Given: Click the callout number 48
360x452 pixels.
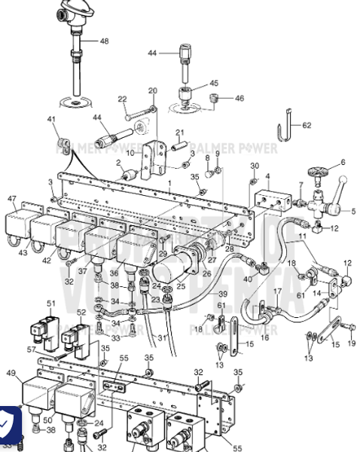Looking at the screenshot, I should pyautogui.click(x=103, y=41).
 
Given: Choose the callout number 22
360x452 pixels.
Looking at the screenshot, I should pyautogui.click(x=122, y=99).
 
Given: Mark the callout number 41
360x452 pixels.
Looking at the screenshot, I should pyautogui.click(x=52, y=120).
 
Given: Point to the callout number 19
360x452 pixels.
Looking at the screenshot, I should pyautogui.click(x=352, y=344).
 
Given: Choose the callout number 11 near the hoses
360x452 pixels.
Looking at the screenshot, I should pyautogui.click(x=302, y=237).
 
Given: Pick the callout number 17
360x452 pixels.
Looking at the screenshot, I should pyautogui.click(x=277, y=292).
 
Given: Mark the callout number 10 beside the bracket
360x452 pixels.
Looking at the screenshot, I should pyautogui.click(x=129, y=153).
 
